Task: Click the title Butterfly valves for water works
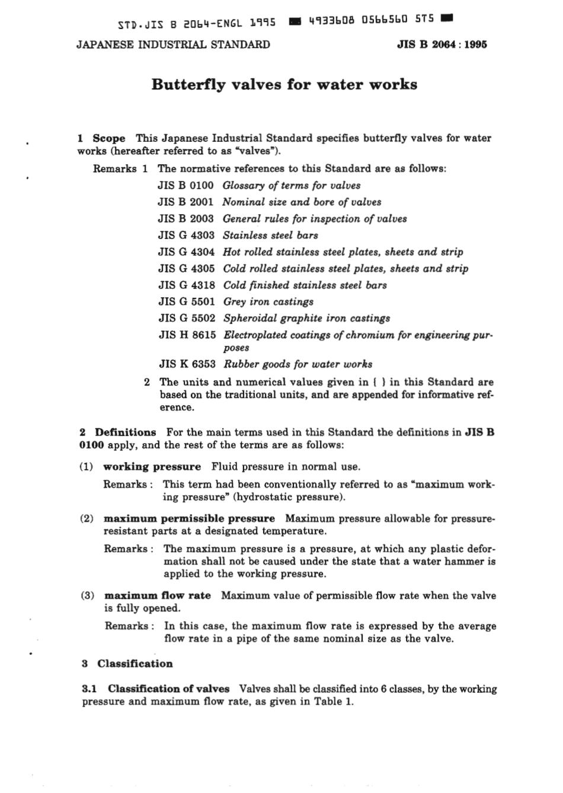tap(284, 84)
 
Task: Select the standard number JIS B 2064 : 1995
tap(442, 44)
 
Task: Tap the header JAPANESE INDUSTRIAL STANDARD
tap(173, 44)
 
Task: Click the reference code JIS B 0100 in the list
tap(185, 186)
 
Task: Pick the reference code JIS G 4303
tap(186, 235)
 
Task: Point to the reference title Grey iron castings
tap(268, 302)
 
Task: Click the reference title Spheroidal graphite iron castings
tap(306, 319)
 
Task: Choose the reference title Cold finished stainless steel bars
tap(305, 285)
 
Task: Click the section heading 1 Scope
tap(101, 138)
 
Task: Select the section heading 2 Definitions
tap(118, 432)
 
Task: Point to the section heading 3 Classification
tap(127, 664)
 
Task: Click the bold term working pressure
tap(152, 467)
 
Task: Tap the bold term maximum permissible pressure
tap(189, 519)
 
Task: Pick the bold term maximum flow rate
tap(157, 595)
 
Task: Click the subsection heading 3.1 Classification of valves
tap(155, 689)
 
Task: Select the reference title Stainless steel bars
tap(270, 235)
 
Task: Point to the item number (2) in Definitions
tap(87, 519)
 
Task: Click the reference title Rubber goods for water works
tap(298, 364)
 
